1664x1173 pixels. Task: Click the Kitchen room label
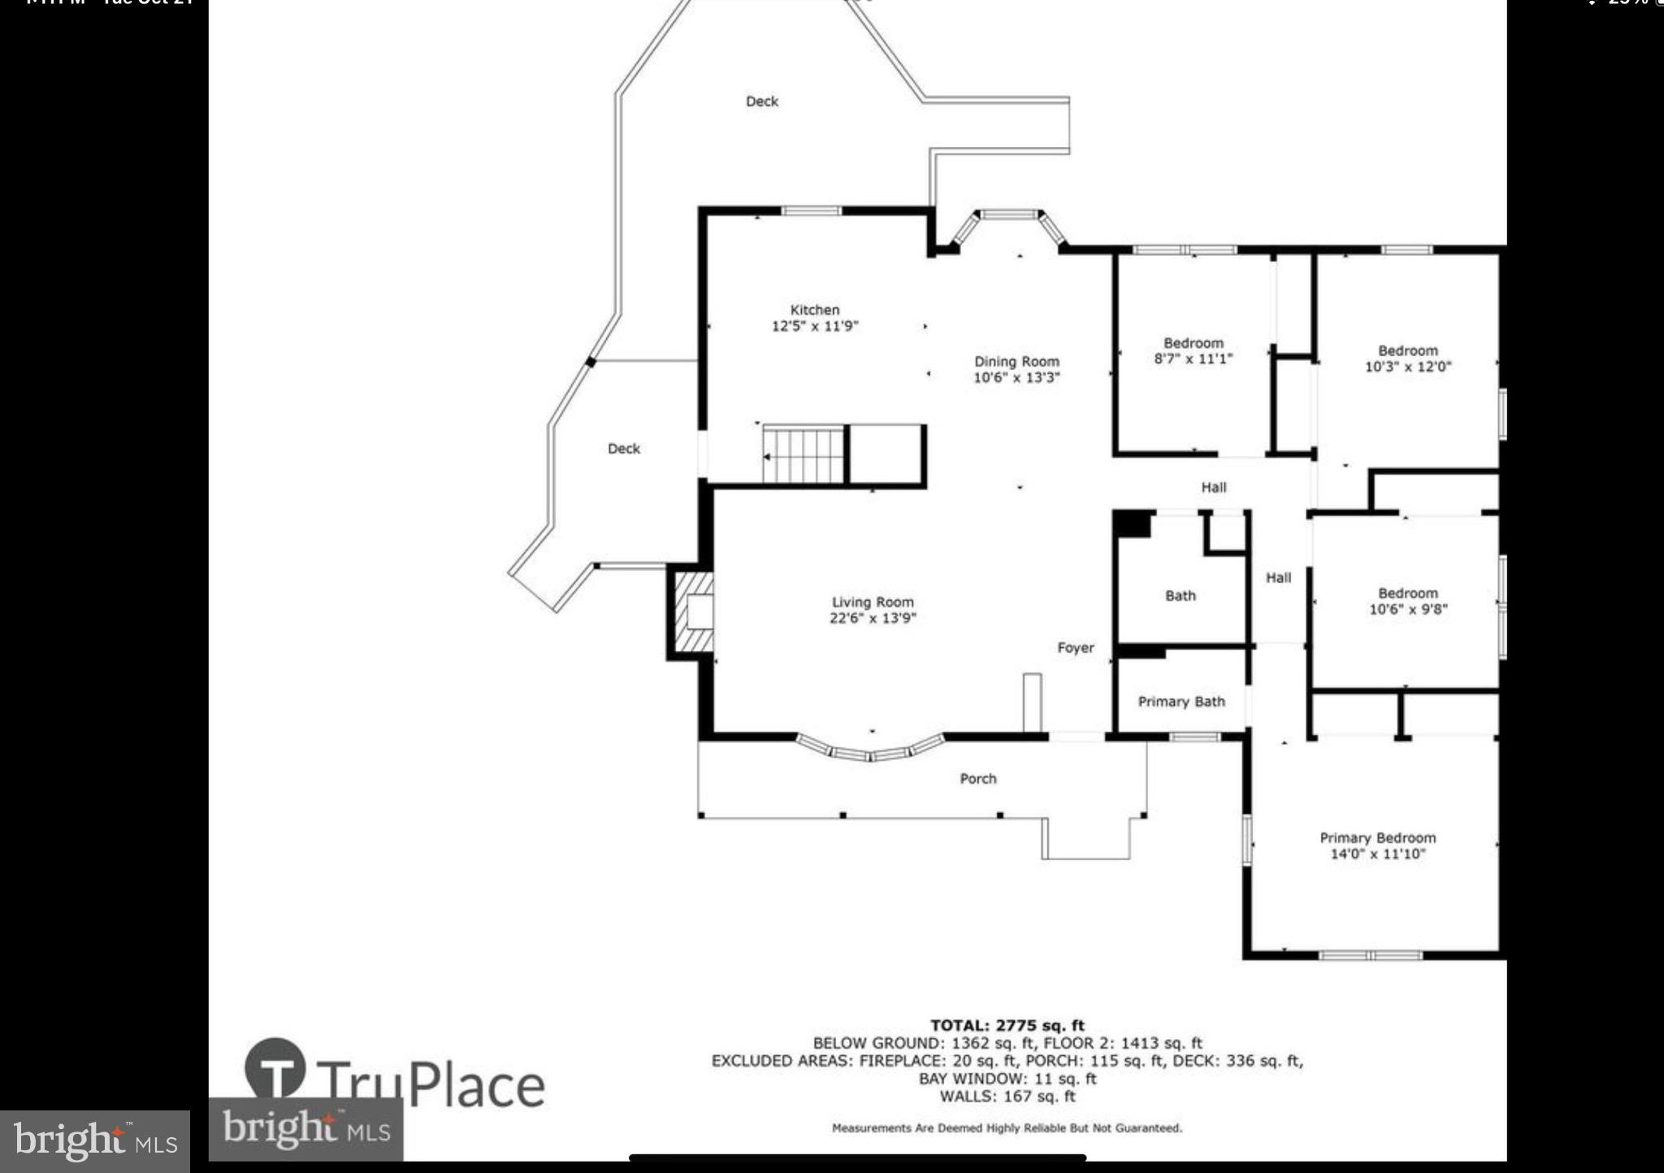[x=814, y=310]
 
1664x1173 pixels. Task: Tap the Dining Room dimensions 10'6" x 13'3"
[x=1016, y=377]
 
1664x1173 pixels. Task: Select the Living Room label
[x=873, y=602]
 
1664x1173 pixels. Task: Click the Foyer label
[x=1075, y=648]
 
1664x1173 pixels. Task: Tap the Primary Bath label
[x=1181, y=702]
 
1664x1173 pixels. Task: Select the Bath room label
[x=1180, y=596]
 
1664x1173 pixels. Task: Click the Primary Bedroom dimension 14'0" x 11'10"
[x=1377, y=854]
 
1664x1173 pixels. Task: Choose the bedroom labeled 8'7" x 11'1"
[x=1193, y=351]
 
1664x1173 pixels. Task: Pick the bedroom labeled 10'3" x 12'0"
[x=1407, y=358]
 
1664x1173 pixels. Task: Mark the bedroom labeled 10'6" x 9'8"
[x=1407, y=602]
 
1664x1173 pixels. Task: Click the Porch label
[x=977, y=779]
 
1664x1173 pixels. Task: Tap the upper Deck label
[x=761, y=102]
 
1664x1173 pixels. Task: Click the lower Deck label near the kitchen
[x=623, y=449]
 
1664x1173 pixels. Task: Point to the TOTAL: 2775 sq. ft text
[x=1007, y=1026]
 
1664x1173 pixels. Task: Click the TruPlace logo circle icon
[x=275, y=1069]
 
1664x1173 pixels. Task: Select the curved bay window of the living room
[x=870, y=749]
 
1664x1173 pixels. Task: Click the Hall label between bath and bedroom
[x=1278, y=578]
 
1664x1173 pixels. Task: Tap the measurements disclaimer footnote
[x=1007, y=1128]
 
